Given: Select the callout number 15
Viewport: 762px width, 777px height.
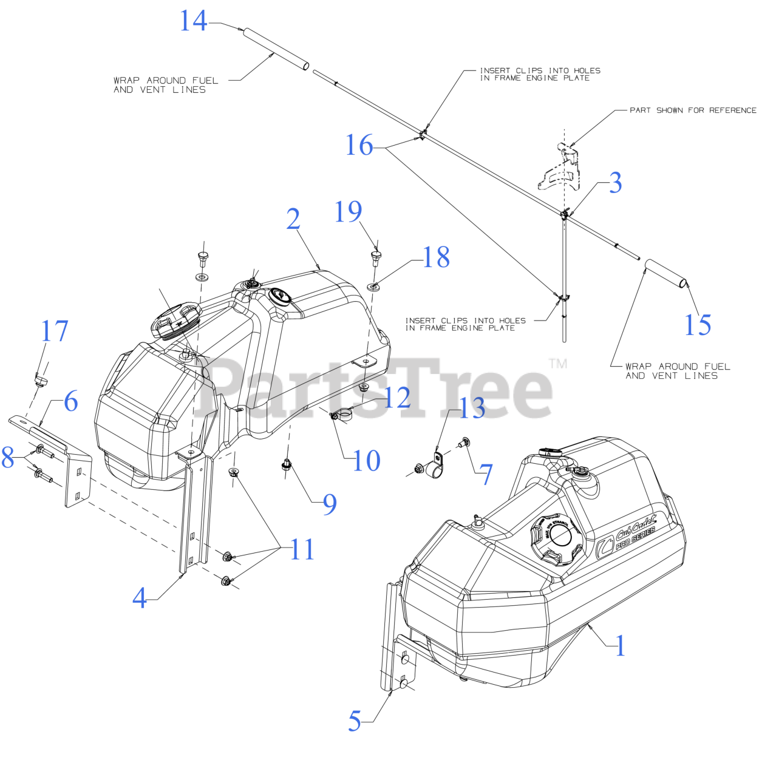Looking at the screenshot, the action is click(x=697, y=325).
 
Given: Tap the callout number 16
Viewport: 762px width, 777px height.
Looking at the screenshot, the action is click(x=359, y=146).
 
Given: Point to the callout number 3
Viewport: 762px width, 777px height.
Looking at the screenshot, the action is click(x=615, y=183).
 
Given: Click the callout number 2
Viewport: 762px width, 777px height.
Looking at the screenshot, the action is click(x=293, y=219).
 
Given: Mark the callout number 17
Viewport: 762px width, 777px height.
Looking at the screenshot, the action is click(x=54, y=331).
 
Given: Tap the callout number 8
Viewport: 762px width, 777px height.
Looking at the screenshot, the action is click(x=7, y=458).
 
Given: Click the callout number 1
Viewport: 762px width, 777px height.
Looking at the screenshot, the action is click(x=620, y=646).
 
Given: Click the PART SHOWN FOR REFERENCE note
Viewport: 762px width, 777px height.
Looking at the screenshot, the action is click(x=692, y=110).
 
